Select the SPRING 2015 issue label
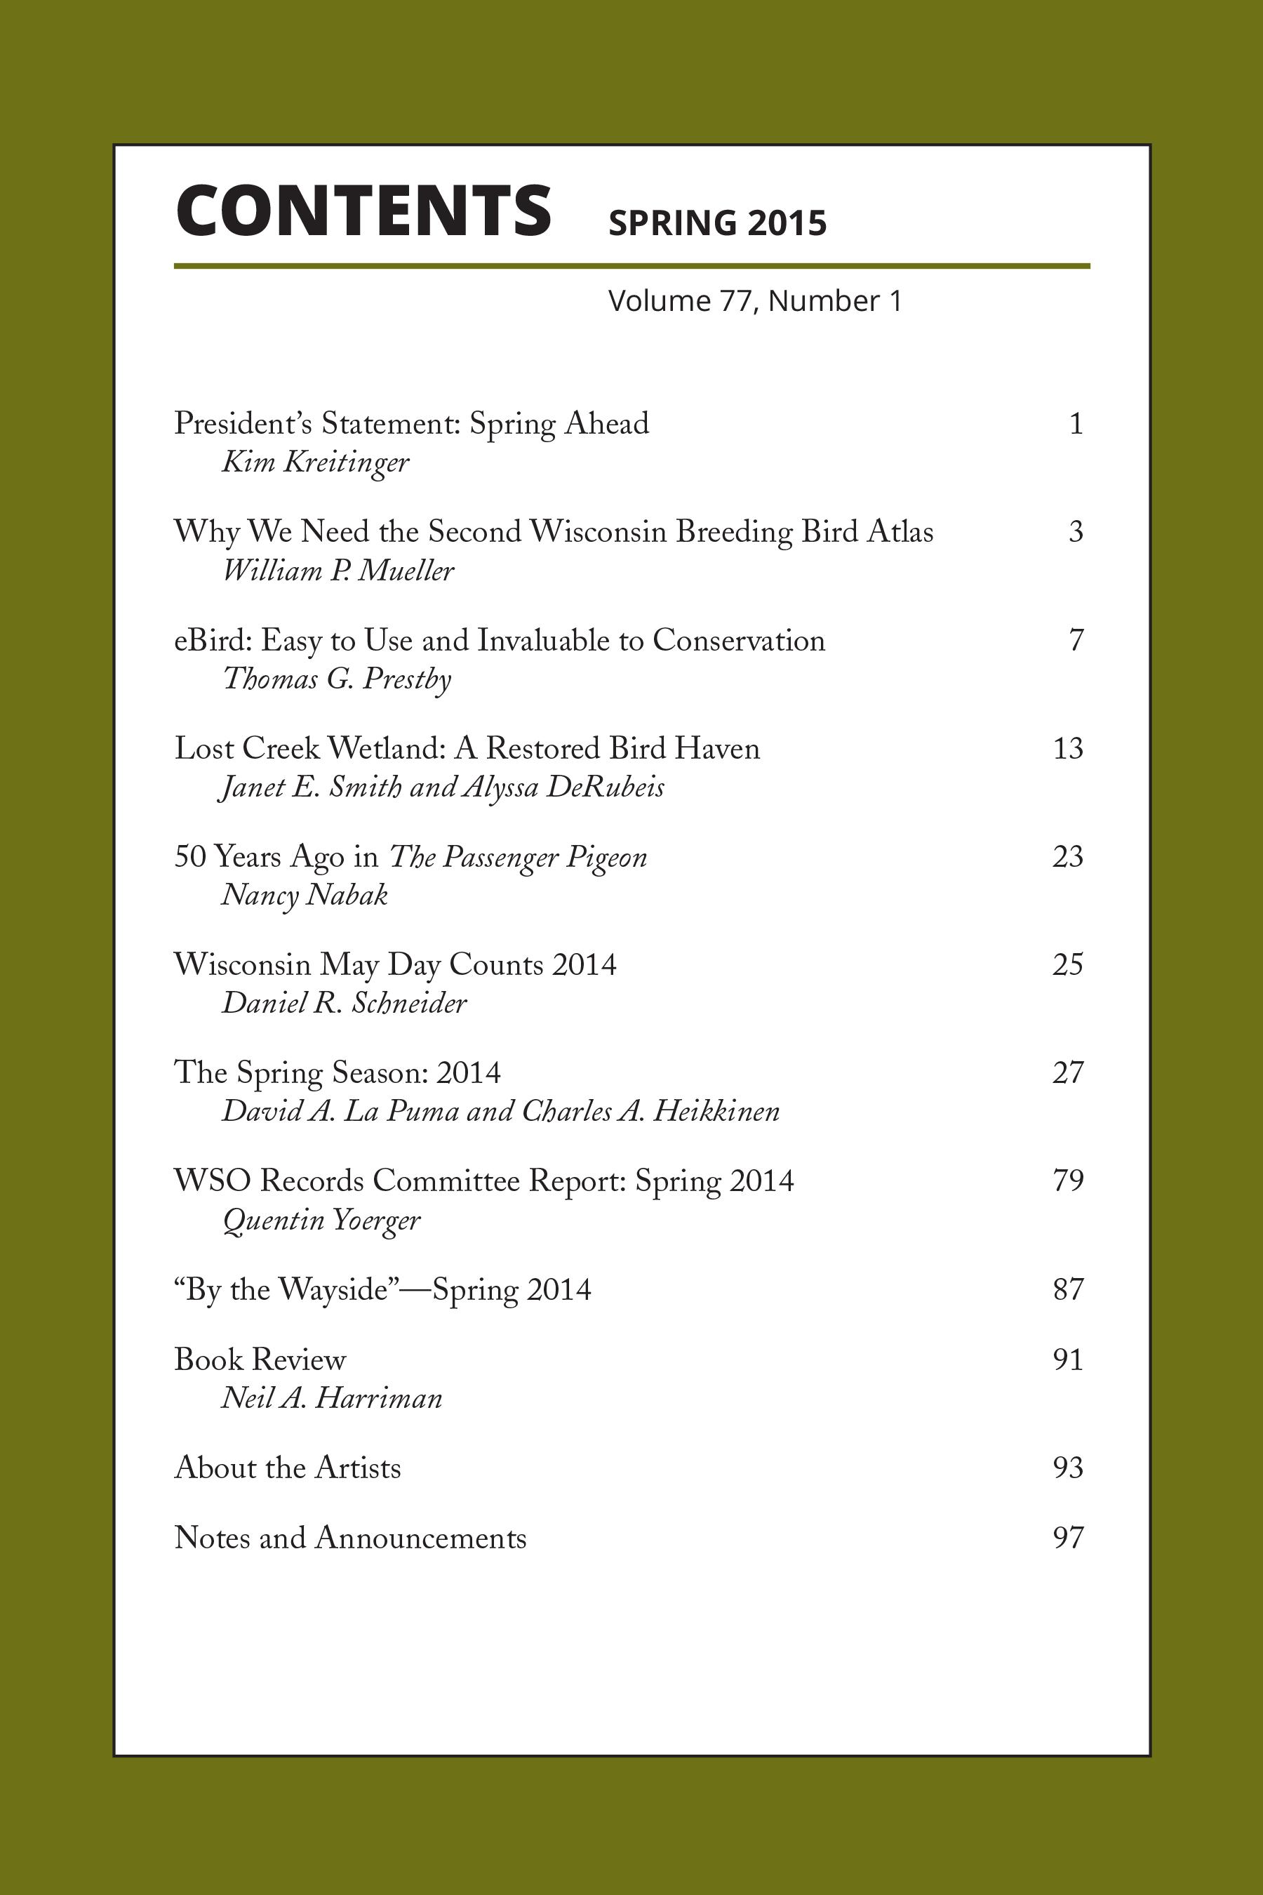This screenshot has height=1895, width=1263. pos(717,223)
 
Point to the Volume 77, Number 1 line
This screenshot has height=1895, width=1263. pos(755,301)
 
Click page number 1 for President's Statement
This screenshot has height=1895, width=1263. pos(1076,424)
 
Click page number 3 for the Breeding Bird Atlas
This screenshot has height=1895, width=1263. pos(1076,532)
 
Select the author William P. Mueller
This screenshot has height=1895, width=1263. pos(338,571)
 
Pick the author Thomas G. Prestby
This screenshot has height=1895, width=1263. pos(337,679)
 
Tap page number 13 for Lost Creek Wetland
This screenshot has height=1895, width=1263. pos(1068,748)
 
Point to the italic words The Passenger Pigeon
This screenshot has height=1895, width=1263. pos(518,857)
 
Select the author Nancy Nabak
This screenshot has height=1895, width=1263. pos(305,895)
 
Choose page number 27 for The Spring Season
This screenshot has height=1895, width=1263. pos(1068,1072)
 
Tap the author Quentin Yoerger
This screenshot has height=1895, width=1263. pos(321,1221)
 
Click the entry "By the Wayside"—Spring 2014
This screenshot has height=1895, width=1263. pos(382,1290)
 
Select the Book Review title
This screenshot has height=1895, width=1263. pos(260,1360)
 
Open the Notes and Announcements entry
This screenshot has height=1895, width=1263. pos(350,1538)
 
